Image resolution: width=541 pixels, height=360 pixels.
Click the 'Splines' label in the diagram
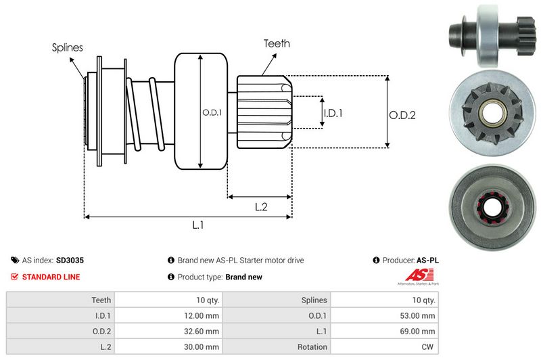click(x=68, y=47)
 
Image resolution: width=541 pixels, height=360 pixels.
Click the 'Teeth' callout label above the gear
click(x=276, y=43)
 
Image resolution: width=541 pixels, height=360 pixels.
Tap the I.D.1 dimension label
click(x=333, y=113)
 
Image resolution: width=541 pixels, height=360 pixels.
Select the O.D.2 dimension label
click(x=402, y=115)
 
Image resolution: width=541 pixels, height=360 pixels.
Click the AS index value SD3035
click(x=70, y=260)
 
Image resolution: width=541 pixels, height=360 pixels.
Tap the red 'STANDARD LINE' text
click(x=51, y=277)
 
